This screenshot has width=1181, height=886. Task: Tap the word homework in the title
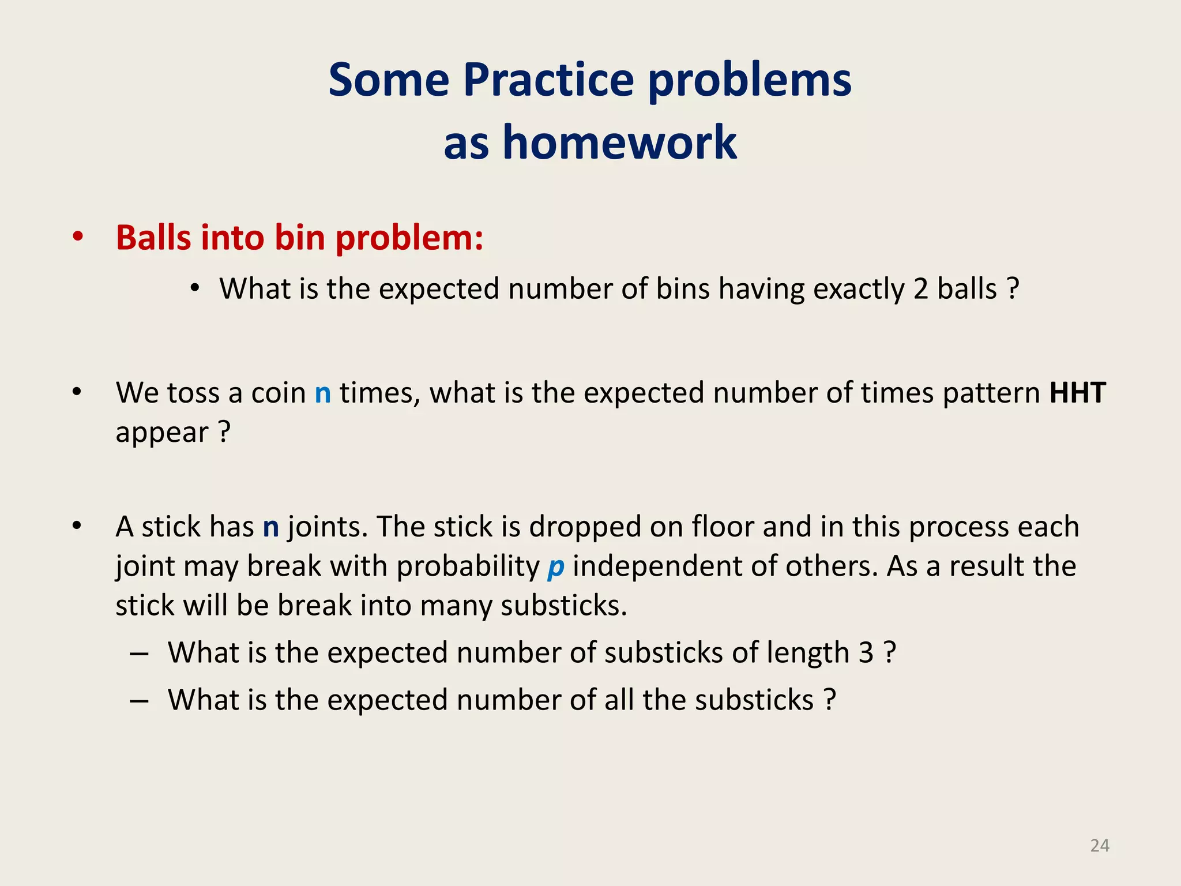619,142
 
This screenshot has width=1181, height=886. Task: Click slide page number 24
1100,846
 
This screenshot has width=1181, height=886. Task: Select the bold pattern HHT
1077,393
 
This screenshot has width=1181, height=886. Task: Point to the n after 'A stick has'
271,527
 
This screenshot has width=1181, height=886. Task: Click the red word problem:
409,238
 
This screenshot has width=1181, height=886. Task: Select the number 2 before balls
921,289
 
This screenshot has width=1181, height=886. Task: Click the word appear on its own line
162,433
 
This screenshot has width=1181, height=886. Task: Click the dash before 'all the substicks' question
140,700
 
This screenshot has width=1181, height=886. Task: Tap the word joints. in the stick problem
328,527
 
